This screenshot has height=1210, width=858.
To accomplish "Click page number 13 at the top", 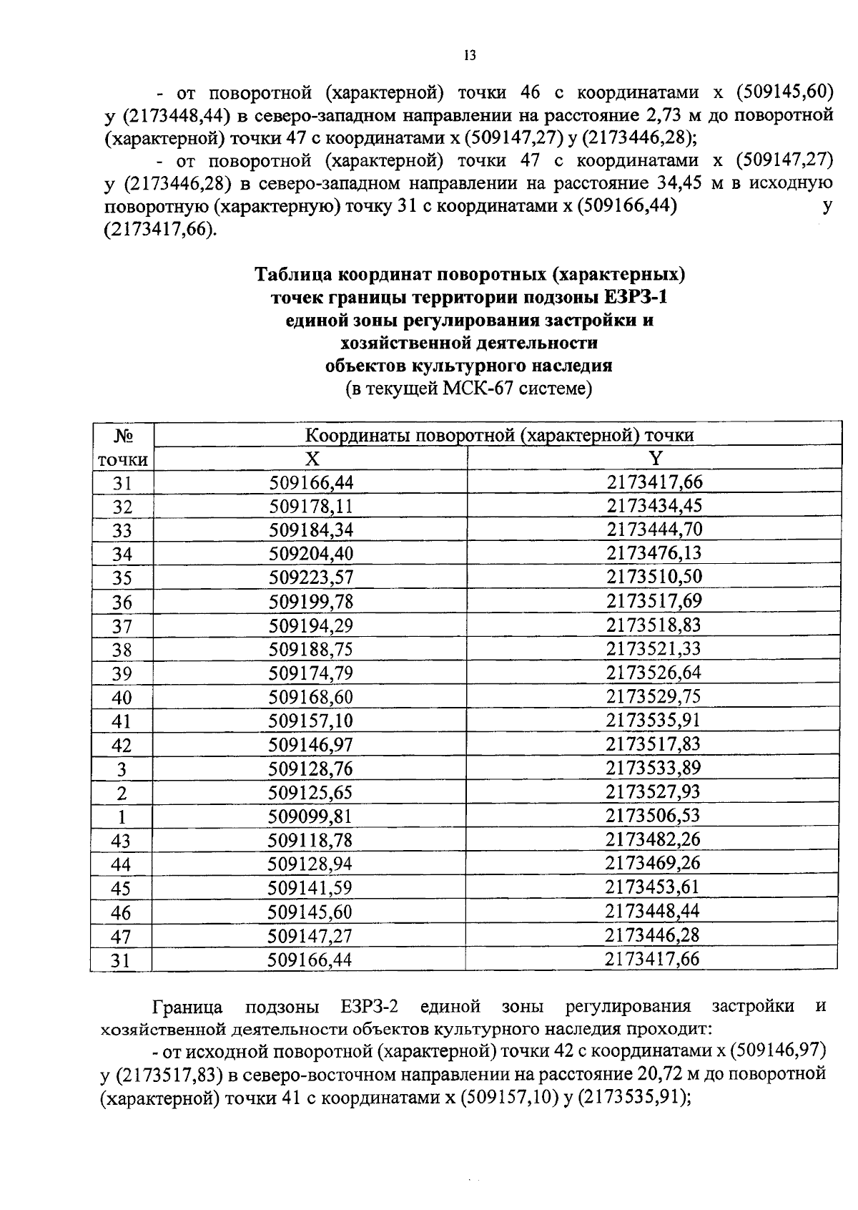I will (x=470, y=56).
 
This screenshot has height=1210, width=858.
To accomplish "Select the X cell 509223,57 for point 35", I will (x=311, y=577).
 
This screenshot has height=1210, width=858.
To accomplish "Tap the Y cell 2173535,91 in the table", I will (x=654, y=720).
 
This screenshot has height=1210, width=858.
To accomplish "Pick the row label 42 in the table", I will (x=122, y=746).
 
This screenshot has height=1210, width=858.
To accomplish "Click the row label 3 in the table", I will (x=122, y=770).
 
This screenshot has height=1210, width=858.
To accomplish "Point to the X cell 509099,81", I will (x=310, y=816).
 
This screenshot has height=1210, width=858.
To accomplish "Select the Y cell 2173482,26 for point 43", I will (x=653, y=839).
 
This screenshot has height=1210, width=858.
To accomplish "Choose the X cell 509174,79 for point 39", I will (x=311, y=673).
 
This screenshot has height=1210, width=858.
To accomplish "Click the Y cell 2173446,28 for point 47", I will (x=652, y=935).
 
